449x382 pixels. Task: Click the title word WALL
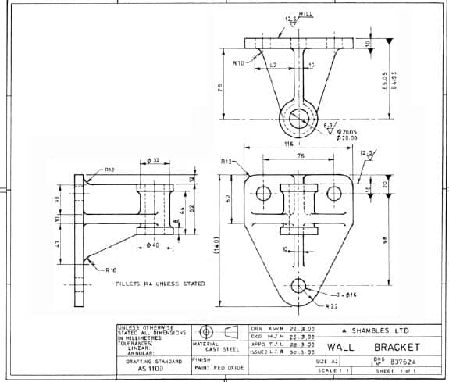pyautogui.click(x=344, y=346)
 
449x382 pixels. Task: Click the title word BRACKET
pyautogui.click(x=396, y=346)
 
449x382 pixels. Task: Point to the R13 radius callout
pyautogui.click(x=227, y=161)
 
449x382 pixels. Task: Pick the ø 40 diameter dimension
pyautogui.click(x=153, y=247)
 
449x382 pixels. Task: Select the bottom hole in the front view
pyautogui.click(x=298, y=284)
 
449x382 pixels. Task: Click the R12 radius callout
pyautogui.click(x=109, y=170)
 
